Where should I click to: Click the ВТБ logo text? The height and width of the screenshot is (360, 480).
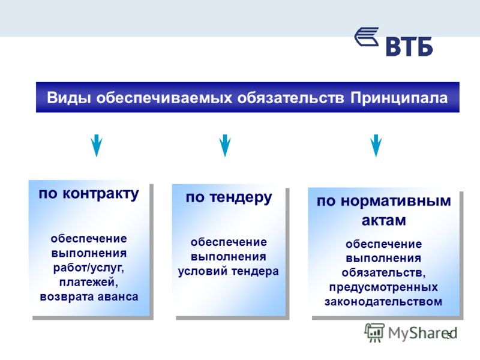409,47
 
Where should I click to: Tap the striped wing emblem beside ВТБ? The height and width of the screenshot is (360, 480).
367,37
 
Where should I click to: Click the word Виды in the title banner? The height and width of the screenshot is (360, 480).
69,98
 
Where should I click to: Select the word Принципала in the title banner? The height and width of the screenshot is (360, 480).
399,98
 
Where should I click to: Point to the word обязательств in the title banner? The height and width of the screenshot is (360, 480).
290,98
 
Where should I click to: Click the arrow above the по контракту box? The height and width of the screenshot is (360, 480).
97,145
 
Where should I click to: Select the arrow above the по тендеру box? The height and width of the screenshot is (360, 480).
225,145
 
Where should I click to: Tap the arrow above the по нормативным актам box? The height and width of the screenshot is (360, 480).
376,145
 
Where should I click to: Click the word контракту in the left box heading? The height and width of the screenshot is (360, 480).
101,194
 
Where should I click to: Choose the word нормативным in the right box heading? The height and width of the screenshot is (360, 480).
396,201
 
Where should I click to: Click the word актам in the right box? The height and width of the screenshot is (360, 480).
384,220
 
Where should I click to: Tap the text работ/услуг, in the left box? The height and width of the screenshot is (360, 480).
88,268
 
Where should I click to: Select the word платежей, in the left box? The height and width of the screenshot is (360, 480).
89,282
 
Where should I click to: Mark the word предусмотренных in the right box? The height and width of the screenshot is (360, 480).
383,287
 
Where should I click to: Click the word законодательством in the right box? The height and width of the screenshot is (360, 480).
383,302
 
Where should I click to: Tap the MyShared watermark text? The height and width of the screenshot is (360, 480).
422,334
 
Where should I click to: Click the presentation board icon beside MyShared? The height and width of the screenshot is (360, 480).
374,332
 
